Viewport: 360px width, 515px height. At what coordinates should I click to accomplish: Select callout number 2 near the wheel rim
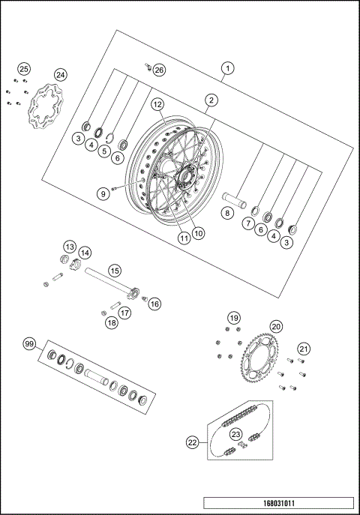212,100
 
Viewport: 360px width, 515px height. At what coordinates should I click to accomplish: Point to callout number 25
24,69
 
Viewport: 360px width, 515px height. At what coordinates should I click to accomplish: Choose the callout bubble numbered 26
158,70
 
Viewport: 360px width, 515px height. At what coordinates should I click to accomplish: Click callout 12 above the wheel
157,104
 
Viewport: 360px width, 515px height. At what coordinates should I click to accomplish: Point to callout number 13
69,247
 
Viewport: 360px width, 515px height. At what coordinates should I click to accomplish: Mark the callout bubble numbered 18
112,322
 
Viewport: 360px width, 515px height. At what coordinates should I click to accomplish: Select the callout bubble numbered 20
276,327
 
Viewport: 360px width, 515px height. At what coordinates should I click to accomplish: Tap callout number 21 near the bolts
303,348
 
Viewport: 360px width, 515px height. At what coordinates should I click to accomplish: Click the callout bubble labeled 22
193,443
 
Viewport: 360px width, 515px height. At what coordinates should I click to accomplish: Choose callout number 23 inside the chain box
236,434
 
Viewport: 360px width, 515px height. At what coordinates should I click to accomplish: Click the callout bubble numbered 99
30,344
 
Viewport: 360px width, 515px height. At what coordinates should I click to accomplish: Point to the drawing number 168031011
277,503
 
